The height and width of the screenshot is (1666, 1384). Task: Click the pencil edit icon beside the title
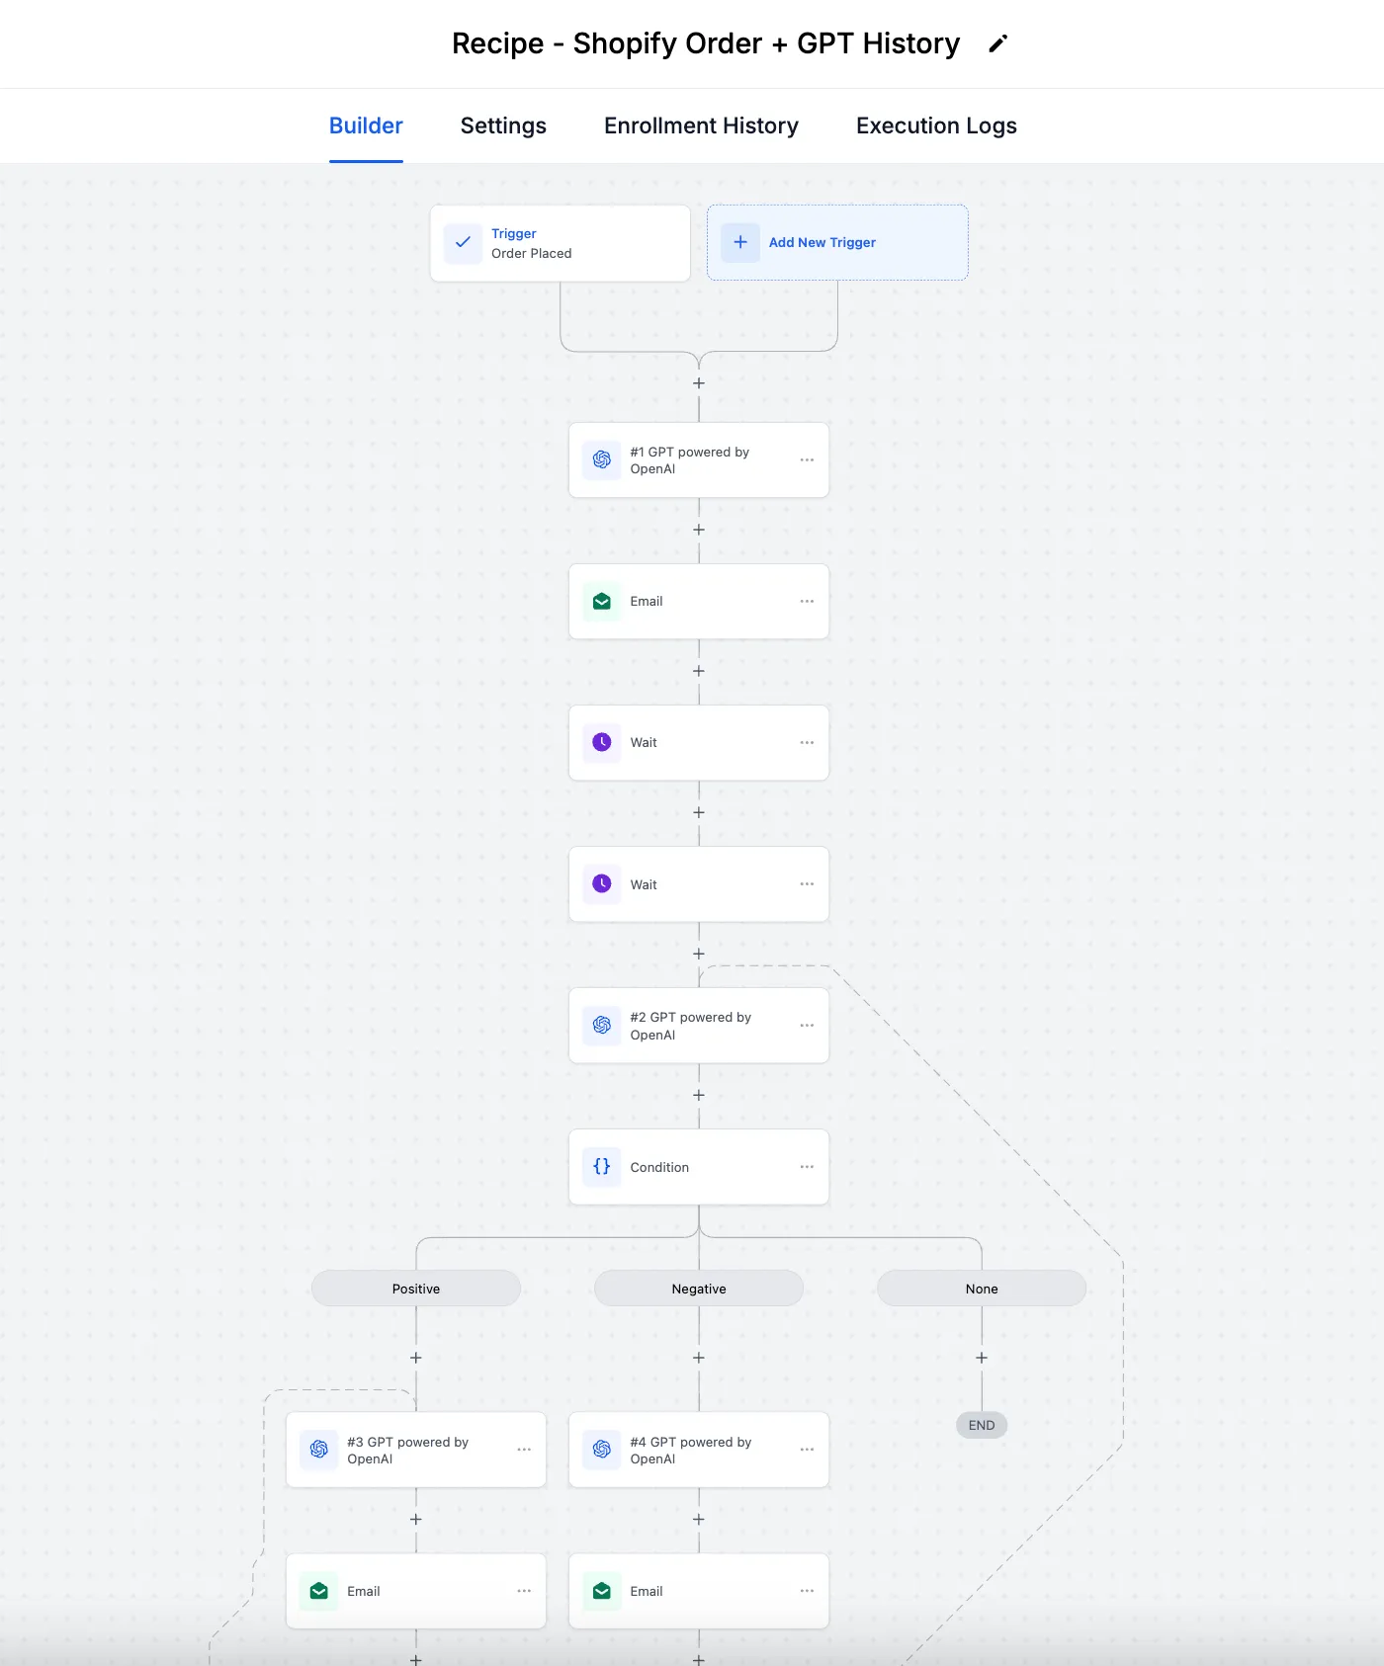tap(998, 43)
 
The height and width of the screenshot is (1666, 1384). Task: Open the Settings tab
tap(503, 125)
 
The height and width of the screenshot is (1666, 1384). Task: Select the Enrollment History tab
tap(701, 125)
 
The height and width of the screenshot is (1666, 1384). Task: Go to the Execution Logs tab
tap(936, 125)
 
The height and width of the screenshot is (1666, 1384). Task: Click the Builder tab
tap(366, 125)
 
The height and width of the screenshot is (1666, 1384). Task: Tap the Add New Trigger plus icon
tap(740, 242)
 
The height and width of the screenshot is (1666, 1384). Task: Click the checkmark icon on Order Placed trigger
tap(463, 242)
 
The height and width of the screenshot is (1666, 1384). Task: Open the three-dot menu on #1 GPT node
tap(807, 459)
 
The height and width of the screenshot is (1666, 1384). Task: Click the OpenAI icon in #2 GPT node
tap(602, 1026)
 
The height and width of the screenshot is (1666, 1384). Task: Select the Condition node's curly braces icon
tap(602, 1167)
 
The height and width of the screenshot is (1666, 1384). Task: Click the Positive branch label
tap(416, 1289)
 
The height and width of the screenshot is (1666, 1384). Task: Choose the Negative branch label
tap(699, 1289)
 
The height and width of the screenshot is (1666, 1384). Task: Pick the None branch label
tap(982, 1289)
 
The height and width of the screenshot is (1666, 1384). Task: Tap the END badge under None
tap(982, 1425)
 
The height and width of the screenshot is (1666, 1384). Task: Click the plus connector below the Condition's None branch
tap(982, 1358)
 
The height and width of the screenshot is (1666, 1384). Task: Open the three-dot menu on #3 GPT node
tap(524, 1450)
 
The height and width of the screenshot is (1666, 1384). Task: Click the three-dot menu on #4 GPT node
tap(807, 1450)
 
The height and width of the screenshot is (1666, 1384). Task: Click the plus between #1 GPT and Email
tap(699, 530)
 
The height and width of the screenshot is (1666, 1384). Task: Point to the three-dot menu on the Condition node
tap(807, 1167)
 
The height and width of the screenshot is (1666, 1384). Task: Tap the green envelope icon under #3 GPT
tap(319, 1591)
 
